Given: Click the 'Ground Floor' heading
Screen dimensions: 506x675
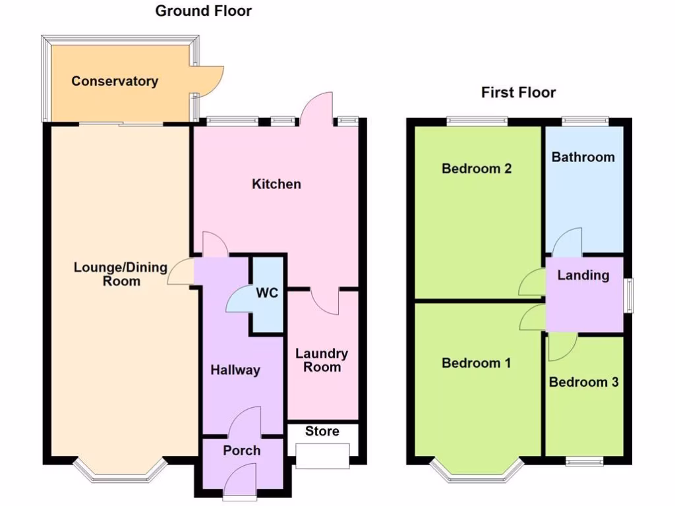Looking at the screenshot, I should [x=203, y=11].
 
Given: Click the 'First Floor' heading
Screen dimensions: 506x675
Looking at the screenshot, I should [x=518, y=92].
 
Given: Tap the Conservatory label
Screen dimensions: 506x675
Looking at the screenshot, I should [x=115, y=82].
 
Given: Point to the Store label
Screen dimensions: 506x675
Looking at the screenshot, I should [x=322, y=432].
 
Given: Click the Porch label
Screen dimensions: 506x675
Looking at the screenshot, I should [x=241, y=451].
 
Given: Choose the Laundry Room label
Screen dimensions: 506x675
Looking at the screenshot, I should [x=322, y=360].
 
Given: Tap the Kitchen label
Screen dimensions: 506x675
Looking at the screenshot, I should [x=276, y=184].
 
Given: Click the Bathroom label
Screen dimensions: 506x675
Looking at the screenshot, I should [x=583, y=157].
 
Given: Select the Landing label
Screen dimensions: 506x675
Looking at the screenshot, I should [x=583, y=275].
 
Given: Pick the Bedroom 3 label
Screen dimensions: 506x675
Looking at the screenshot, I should [x=583, y=382].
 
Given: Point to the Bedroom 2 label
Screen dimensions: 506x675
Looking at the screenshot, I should [x=477, y=168].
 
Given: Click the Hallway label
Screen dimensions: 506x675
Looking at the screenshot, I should [x=235, y=370].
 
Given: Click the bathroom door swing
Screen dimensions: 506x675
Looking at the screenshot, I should [x=568, y=242].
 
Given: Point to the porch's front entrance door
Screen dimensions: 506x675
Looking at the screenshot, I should [x=240, y=480].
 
